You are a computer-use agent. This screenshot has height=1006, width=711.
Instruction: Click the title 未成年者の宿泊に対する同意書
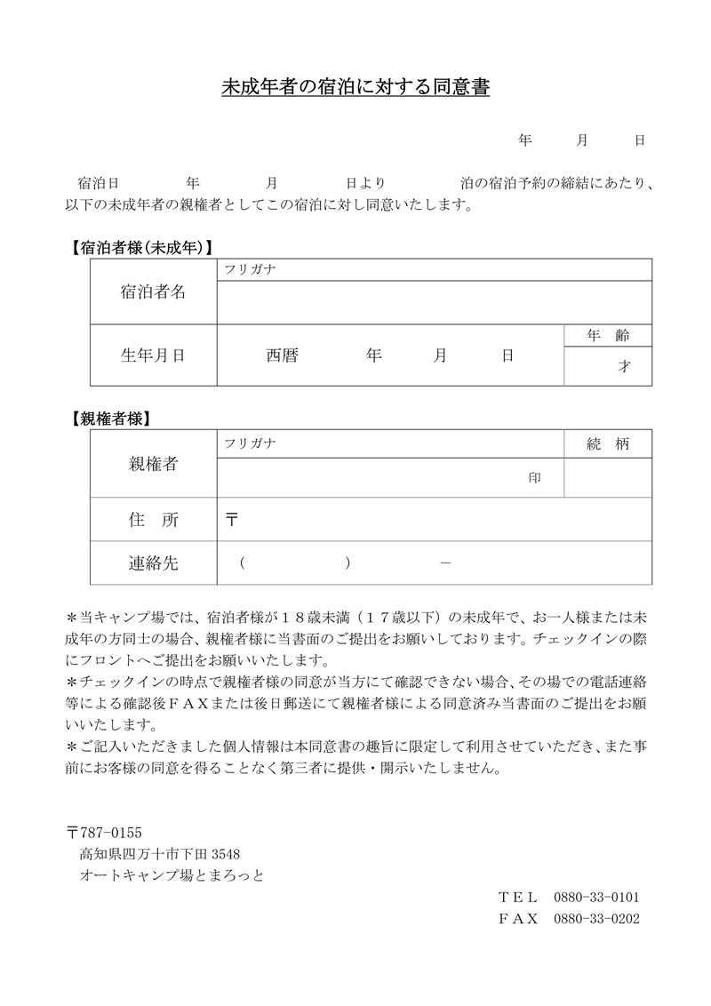tap(355, 89)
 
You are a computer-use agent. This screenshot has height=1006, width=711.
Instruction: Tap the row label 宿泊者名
tap(153, 292)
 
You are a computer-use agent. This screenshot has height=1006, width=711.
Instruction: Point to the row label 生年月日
tap(153, 355)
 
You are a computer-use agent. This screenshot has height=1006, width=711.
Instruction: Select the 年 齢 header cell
tap(608, 336)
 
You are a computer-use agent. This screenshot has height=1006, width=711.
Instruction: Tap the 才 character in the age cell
tap(624, 366)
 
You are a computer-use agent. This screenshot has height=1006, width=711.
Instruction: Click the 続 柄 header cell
tap(608, 445)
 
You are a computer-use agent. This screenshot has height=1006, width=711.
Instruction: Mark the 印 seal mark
tap(535, 478)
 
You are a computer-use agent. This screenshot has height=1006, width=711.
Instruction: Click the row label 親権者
tap(153, 464)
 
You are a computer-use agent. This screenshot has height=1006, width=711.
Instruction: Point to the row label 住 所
tap(153, 521)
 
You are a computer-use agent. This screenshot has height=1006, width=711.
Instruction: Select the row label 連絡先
tap(153, 563)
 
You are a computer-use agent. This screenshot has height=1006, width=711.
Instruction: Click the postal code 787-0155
tap(110, 832)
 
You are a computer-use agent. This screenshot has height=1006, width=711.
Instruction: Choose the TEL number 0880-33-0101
tap(596, 897)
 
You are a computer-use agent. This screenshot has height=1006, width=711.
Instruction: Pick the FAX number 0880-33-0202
tap(596, 919)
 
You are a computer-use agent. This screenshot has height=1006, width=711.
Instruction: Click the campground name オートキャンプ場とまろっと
tap(172, 875)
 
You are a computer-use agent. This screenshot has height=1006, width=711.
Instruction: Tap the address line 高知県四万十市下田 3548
tap(160, 854)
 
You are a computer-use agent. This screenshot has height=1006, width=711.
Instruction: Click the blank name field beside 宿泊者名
tap(434, 302)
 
